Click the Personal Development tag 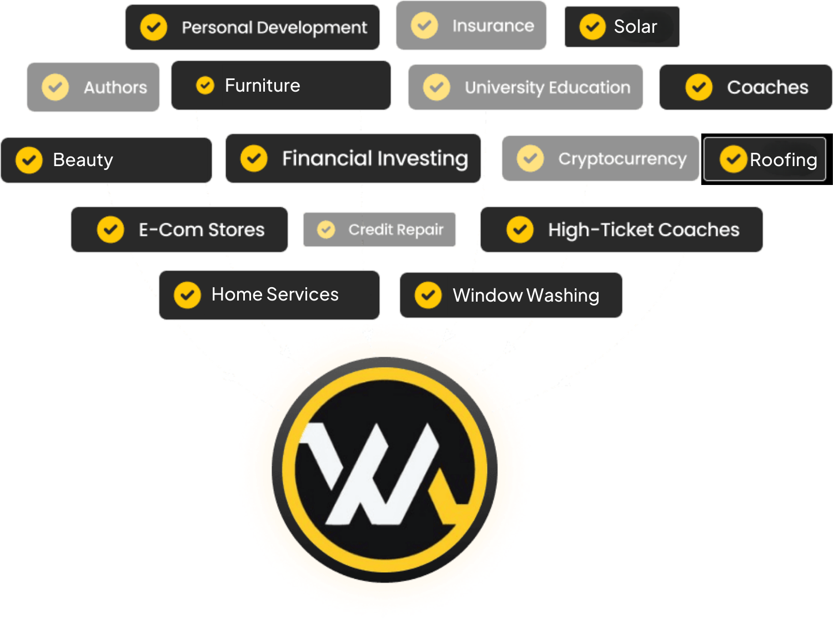point(253,27)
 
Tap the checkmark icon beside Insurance point(424,26)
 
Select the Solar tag point(622,27)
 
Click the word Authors point(116,87)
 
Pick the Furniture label point(262,86)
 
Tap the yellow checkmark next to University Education point(436,87)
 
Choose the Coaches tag point(745,87)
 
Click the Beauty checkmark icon point(29,160)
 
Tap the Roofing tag point(765,160)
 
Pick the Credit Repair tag point(379,229)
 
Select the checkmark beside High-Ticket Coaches point(520,229)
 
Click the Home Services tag point(269,294)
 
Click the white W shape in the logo point(367,472)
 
